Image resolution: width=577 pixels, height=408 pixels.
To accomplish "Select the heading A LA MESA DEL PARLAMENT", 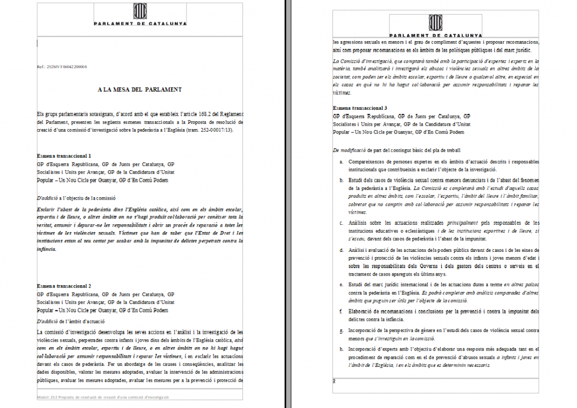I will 139,89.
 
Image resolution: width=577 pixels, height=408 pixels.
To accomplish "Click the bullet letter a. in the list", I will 340,162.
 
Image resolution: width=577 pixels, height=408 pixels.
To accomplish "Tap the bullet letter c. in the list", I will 340,223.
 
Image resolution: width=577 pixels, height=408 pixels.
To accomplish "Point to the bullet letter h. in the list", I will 340,349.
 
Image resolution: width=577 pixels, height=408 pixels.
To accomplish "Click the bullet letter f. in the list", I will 340,311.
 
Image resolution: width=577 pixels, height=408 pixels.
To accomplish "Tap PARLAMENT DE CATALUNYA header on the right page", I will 434,35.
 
